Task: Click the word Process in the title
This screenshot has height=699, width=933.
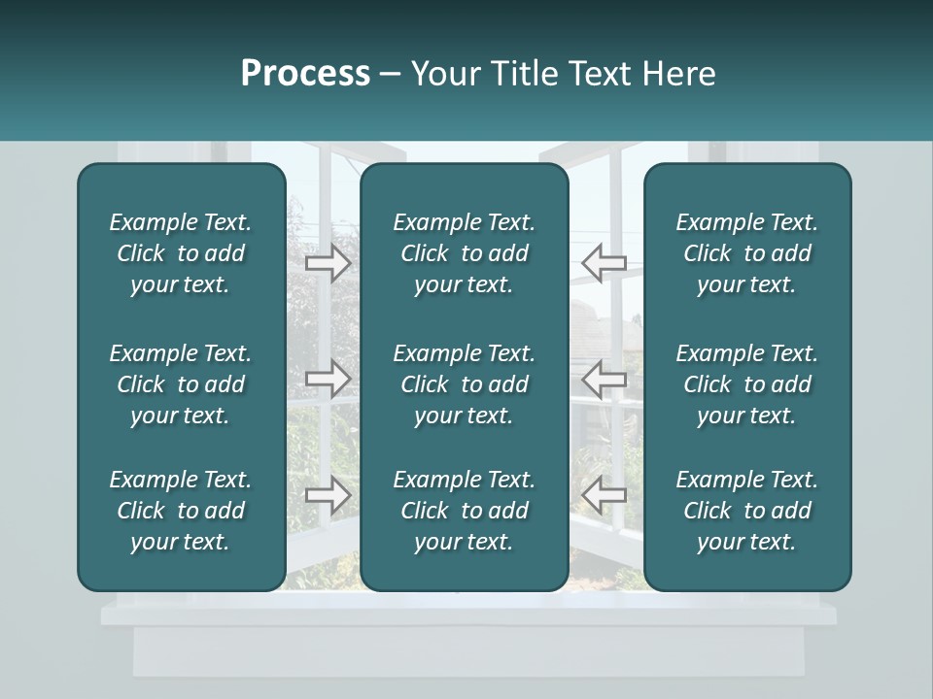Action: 305,74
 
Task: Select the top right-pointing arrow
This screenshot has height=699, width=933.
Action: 328,263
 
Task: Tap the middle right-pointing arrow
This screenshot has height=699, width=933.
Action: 328,379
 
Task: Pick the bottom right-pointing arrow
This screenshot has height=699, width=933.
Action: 328,495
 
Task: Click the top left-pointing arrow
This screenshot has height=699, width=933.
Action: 604,263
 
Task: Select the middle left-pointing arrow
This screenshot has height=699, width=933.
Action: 604,379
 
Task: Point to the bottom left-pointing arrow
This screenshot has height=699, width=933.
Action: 604,495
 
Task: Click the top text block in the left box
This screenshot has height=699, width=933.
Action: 181,253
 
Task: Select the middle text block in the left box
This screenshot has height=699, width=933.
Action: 181,384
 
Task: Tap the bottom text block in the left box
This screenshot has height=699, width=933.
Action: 181,511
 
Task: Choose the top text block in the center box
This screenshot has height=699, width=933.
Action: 465,253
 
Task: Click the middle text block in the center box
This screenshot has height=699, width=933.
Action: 465,384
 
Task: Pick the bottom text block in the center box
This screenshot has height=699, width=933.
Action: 465,511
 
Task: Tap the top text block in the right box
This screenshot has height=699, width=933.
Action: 747,253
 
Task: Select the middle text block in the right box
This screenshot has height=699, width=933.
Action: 747,384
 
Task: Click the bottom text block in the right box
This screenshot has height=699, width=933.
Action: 747,511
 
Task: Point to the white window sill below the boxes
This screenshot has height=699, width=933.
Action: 467,616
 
